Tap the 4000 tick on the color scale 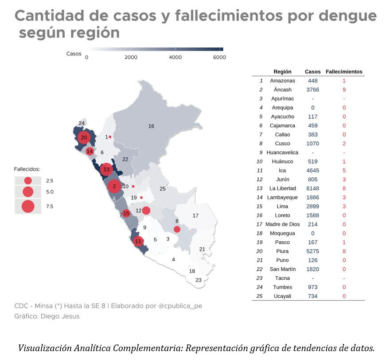175,57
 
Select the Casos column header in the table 312,71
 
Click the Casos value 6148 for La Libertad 312,188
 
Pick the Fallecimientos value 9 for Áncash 344,90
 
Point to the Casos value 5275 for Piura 312,251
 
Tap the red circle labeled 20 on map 84,137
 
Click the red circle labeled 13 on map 106,169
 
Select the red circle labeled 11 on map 138,242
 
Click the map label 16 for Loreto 151,126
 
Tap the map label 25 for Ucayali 163,189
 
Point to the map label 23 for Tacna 199,280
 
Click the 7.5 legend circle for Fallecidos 28,206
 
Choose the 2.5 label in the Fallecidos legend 50,181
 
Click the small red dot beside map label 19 141,197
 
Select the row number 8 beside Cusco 261,144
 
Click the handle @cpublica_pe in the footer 180,306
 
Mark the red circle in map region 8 177,229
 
